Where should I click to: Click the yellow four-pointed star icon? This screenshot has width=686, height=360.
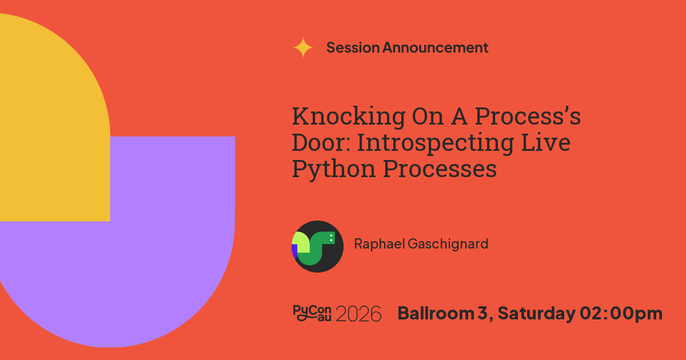coord(303,47)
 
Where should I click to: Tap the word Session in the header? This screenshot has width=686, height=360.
coord(353,47)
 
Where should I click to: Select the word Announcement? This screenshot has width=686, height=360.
coord(435,47)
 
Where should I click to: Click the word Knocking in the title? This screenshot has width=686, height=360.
coord(349,116)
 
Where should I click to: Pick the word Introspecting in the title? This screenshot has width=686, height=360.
coord(435,144)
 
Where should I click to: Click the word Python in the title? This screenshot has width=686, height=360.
coord(334,169)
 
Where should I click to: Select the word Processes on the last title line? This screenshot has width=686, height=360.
coord(440,169)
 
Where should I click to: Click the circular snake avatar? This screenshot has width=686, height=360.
coord(317,246)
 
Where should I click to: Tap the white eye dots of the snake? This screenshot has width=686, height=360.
coord(331,238)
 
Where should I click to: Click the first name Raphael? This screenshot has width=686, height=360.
coord(380,243)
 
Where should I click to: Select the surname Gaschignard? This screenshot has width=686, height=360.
coord(448,245)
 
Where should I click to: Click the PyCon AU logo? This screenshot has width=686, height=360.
coord(312,313)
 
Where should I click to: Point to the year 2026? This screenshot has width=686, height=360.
coord(358,314)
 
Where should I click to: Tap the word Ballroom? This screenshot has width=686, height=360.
coord(436,313)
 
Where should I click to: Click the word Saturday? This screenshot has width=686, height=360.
coord(537,314)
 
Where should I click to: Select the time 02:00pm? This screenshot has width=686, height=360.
coord(621,314)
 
